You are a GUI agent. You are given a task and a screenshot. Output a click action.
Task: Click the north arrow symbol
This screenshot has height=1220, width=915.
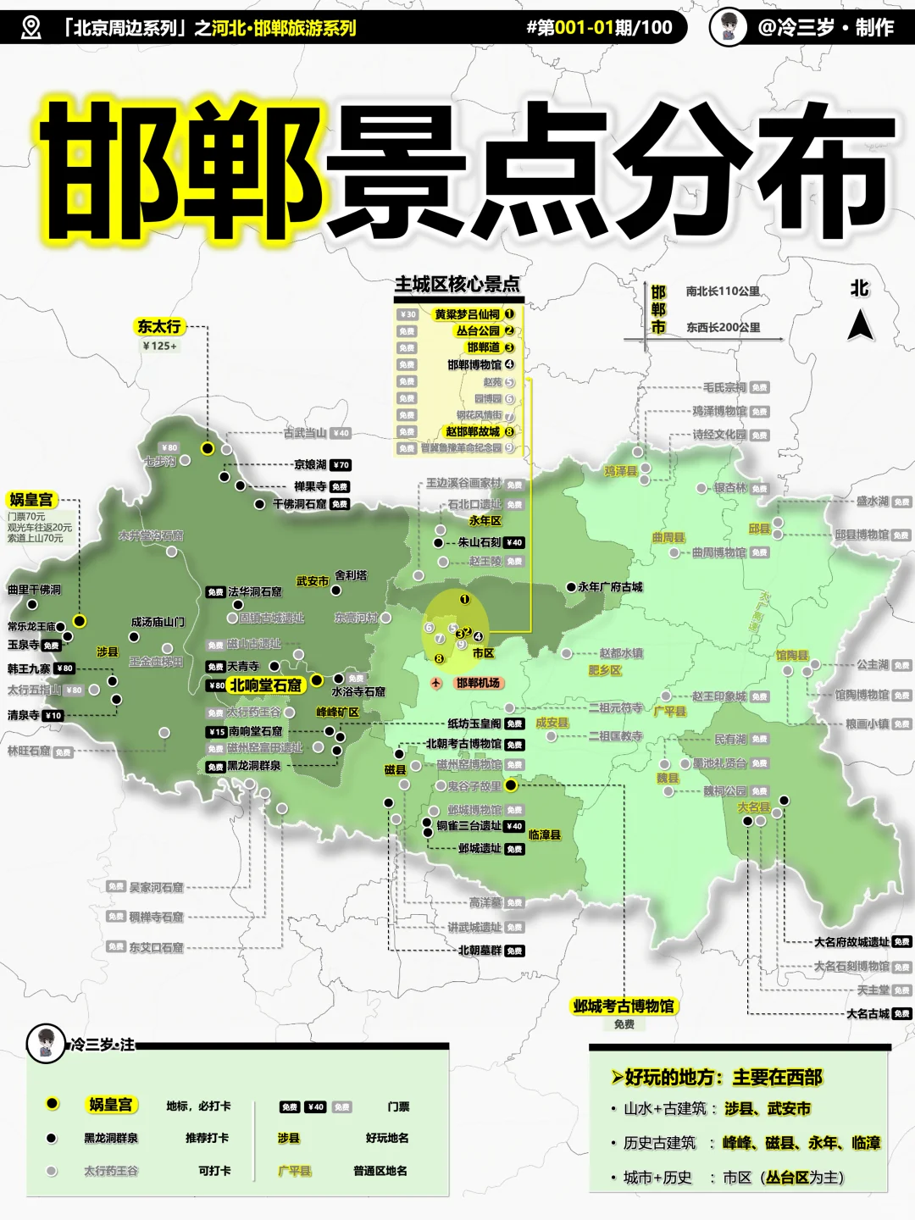tap(860, 324)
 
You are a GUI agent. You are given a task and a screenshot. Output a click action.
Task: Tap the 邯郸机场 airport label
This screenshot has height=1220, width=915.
tap(478, 683)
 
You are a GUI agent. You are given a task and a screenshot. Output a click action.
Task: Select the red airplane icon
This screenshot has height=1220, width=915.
tap(436, 683)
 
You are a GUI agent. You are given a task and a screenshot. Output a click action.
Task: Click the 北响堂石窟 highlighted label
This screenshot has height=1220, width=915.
tap(265, 685)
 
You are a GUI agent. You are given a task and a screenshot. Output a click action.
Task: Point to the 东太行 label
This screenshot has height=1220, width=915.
tap(158, 326)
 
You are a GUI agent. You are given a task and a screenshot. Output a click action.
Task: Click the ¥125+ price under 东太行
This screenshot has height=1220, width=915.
tap(159, 346)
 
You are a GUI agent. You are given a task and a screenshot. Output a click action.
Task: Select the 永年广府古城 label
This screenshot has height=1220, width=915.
tap(611, 586)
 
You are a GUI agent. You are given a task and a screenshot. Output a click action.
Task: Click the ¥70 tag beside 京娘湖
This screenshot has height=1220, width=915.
tap(340, 465)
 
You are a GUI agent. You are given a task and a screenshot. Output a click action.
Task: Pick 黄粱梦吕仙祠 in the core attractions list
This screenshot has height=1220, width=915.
tap(467, 314)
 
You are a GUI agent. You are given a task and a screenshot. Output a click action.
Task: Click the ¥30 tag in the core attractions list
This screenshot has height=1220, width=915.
tap(408, 314)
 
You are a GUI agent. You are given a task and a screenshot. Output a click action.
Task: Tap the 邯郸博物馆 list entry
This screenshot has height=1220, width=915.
tap(474, 364)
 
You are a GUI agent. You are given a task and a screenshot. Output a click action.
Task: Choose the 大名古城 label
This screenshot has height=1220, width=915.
tap(868, 1013)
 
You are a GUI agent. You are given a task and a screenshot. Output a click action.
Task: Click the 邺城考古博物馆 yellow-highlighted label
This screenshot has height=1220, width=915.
tap(624, 1006)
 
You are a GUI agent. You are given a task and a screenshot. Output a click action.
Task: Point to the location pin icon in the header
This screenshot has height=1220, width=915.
tap(30, 27)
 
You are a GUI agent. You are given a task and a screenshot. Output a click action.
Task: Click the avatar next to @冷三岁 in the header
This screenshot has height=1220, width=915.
tap(728, 27)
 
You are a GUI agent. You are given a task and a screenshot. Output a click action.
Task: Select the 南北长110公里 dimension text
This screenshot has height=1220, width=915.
tap(723, 291)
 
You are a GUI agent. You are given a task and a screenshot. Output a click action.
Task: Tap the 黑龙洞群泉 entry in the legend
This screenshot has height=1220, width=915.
tap(110, 1138)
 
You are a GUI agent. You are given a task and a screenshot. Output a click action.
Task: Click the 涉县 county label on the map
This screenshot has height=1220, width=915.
tap(108, 652)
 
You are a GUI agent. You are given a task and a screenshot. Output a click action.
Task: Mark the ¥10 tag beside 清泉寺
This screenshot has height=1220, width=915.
tap(53, 715)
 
